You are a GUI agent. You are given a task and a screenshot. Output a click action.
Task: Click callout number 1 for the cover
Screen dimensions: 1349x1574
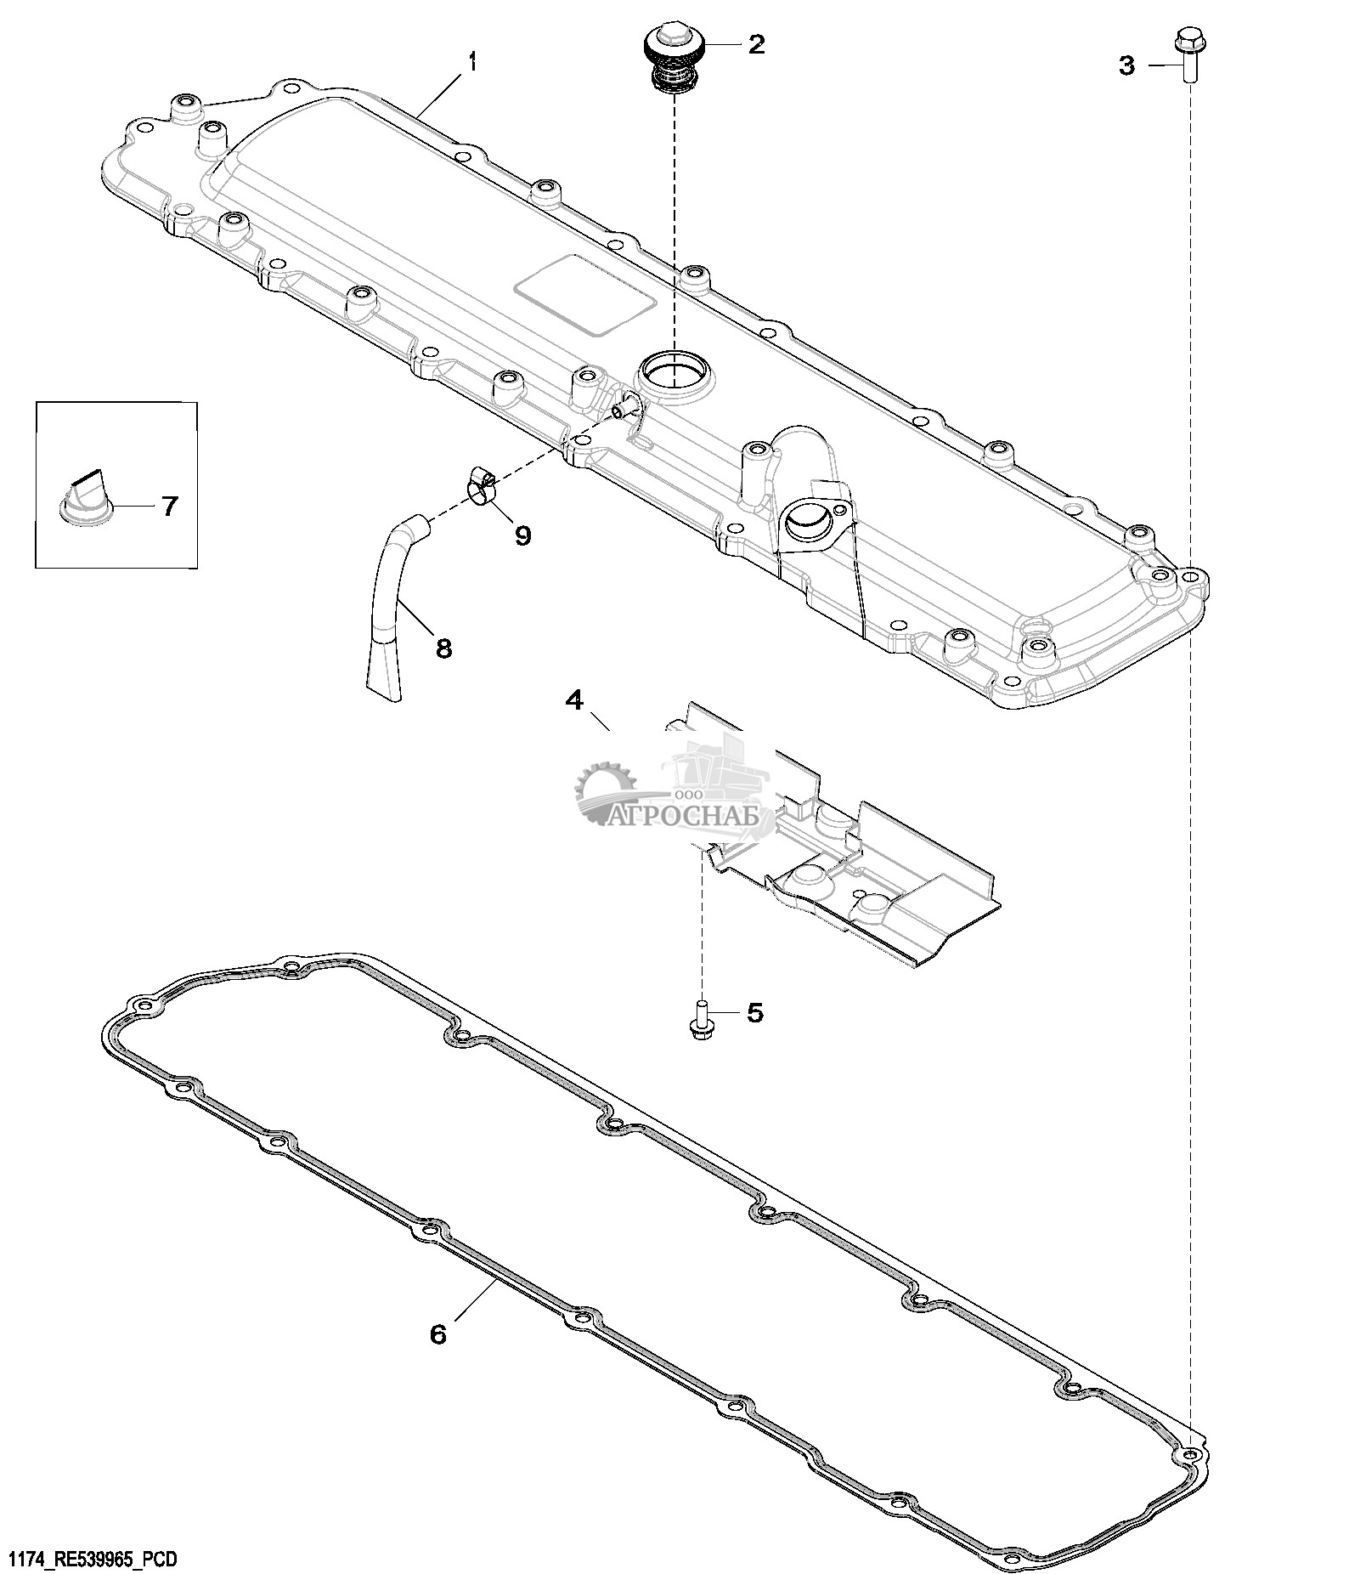473,62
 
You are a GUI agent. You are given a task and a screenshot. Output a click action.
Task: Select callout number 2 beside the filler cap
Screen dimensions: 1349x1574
755,44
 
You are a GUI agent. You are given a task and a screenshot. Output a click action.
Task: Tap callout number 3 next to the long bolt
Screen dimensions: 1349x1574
1126,65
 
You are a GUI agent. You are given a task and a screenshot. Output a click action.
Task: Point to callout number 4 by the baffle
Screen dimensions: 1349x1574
575,700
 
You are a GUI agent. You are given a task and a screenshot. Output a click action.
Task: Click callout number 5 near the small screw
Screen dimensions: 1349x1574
754,1013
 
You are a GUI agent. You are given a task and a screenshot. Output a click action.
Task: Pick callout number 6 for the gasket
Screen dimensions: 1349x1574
437,1334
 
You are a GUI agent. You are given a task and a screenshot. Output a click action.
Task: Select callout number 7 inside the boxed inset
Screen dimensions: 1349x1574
170,507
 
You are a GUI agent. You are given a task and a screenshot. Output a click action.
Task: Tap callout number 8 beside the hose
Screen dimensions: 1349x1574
443,649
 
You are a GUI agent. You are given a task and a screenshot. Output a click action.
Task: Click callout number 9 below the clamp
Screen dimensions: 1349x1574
522,535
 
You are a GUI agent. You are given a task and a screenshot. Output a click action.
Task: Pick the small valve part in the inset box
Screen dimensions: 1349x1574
86,496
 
